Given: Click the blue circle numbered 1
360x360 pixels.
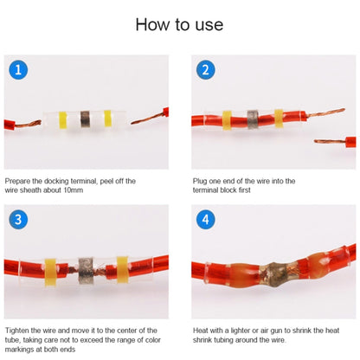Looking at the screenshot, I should coord(20,70).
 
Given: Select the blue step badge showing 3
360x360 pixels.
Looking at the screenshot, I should coord(20,218).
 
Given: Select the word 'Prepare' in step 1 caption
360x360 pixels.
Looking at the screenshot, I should coord(18,181).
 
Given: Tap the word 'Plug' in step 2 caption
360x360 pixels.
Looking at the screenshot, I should coord(200,181).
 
